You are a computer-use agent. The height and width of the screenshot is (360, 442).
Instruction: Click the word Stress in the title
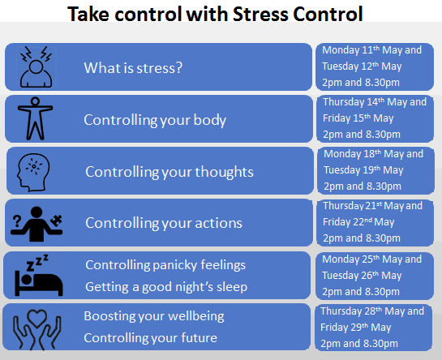pos(260,14)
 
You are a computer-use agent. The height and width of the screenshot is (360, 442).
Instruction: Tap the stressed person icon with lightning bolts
pos(36,67)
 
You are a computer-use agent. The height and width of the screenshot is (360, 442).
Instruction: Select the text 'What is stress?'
pos(133,68)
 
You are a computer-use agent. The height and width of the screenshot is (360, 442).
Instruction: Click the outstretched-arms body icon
pos(35,118)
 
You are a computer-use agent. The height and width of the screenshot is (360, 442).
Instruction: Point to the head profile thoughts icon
pos(33,172)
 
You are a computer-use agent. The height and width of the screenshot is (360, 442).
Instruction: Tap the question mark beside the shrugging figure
pos(17,221)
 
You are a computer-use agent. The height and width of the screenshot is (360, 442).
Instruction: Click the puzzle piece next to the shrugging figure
pos(57,221)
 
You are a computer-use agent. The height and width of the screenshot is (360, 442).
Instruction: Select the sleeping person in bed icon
pos(39,275)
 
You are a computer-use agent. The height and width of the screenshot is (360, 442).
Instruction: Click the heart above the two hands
pos(37,318)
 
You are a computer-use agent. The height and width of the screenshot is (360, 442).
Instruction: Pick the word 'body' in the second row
pos(210,120)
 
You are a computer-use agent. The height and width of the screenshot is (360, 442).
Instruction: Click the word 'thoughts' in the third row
pos(224,172)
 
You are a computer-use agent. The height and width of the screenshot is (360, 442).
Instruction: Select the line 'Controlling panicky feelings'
pos(165,265)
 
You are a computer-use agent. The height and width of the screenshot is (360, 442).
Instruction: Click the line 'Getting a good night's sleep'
pos(166,287)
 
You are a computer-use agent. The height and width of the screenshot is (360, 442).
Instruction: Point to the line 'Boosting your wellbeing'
pos(154,316)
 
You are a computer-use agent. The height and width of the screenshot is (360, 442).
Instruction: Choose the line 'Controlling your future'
pos(151,338)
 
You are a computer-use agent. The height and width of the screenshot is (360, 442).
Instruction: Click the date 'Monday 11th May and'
pos(371,50)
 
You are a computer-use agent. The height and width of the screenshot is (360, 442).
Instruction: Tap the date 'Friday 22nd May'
pos(358,222)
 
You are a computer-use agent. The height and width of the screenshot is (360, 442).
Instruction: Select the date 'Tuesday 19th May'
pos(363,170)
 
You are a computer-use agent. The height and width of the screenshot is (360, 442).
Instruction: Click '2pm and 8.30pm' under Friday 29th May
pos(359,344)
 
